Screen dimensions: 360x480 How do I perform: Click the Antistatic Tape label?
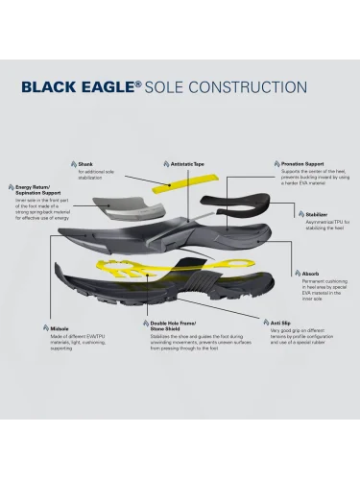pyautogui.click(x=188, y=164)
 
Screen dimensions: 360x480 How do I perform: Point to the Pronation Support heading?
pyautogui.click(x=301, y=164)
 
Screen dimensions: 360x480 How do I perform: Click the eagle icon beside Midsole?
pyautogui.click(x=40, y=328)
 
